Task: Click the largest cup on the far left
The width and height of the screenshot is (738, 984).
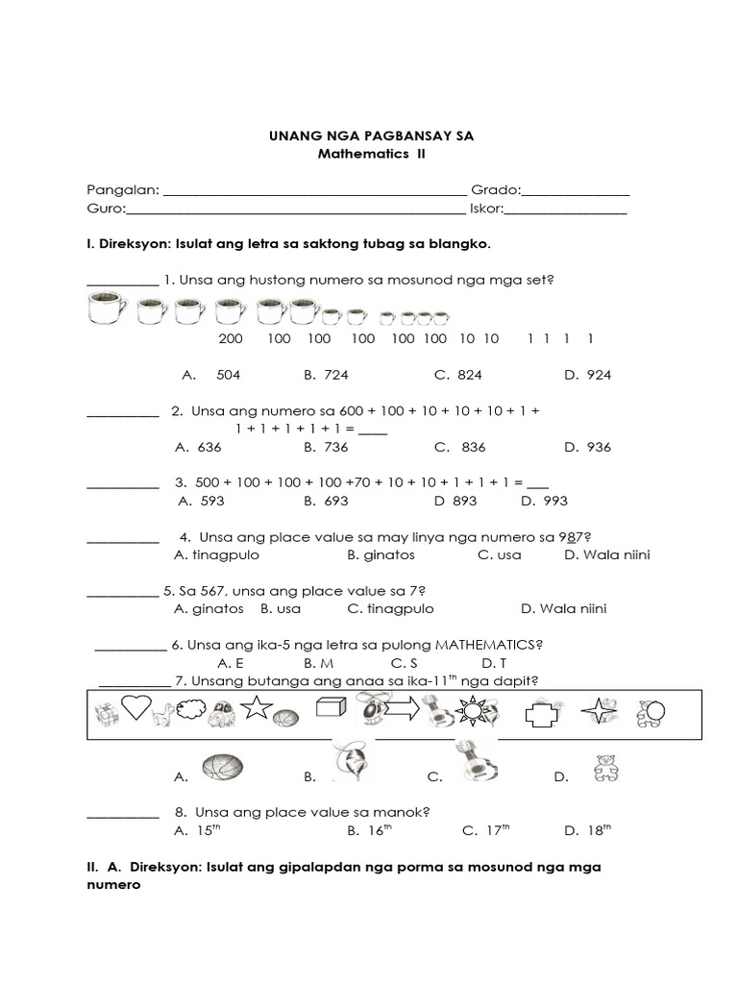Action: click(108, 311)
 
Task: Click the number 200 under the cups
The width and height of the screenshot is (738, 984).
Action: click(231, 339)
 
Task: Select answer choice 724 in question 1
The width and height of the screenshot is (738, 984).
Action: click(334, 375)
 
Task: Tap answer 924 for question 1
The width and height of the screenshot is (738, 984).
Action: click(598, 375)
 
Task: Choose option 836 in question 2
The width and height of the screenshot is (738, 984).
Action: click(473, 447)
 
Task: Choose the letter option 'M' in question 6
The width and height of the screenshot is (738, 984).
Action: click(326, 663)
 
